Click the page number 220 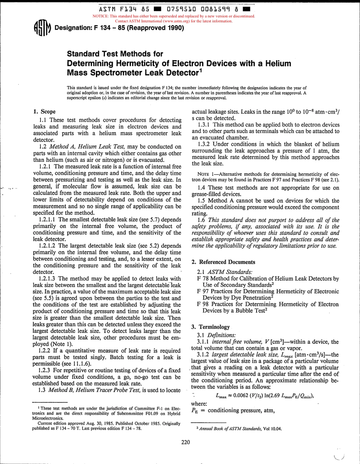click(186, 442)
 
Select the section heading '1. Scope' click(44, 112)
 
